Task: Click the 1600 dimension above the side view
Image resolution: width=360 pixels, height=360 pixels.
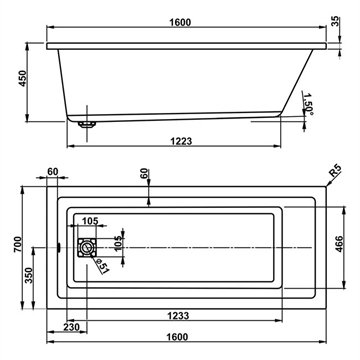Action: [x=180, y=22]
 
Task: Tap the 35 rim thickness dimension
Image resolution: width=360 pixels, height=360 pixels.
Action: [x=336, y=21]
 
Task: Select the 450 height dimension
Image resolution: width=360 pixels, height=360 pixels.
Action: [x=23, y=79]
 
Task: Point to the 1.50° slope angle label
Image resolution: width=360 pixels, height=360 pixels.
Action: [x=308, y=104]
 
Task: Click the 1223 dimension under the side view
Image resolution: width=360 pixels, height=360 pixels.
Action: [x=181, y=141]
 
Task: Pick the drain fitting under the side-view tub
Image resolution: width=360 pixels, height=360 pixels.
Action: [x=87, y=124]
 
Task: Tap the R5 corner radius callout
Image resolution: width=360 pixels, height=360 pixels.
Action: [x=335, y=171]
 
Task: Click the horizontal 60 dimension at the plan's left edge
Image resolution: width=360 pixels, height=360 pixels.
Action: [x=53, y=172]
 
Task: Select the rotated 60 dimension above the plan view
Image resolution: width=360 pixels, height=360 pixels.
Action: [x=143, y=174]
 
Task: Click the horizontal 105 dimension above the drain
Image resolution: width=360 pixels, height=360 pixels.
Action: [x=90, y=221]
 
